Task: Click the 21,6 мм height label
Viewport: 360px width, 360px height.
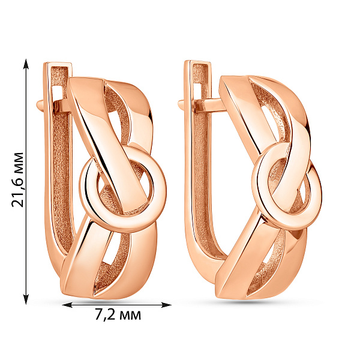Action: pos(17,179)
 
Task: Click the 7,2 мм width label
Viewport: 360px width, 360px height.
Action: pos(118,315)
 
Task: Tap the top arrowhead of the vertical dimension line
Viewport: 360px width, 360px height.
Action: pos(26,64)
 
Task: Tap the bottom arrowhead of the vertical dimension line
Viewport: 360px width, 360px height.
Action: pos(26,299)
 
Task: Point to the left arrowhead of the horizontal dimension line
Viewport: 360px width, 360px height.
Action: pos(67,305)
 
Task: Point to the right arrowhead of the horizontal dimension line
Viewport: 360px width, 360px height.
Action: pos(166,305)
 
